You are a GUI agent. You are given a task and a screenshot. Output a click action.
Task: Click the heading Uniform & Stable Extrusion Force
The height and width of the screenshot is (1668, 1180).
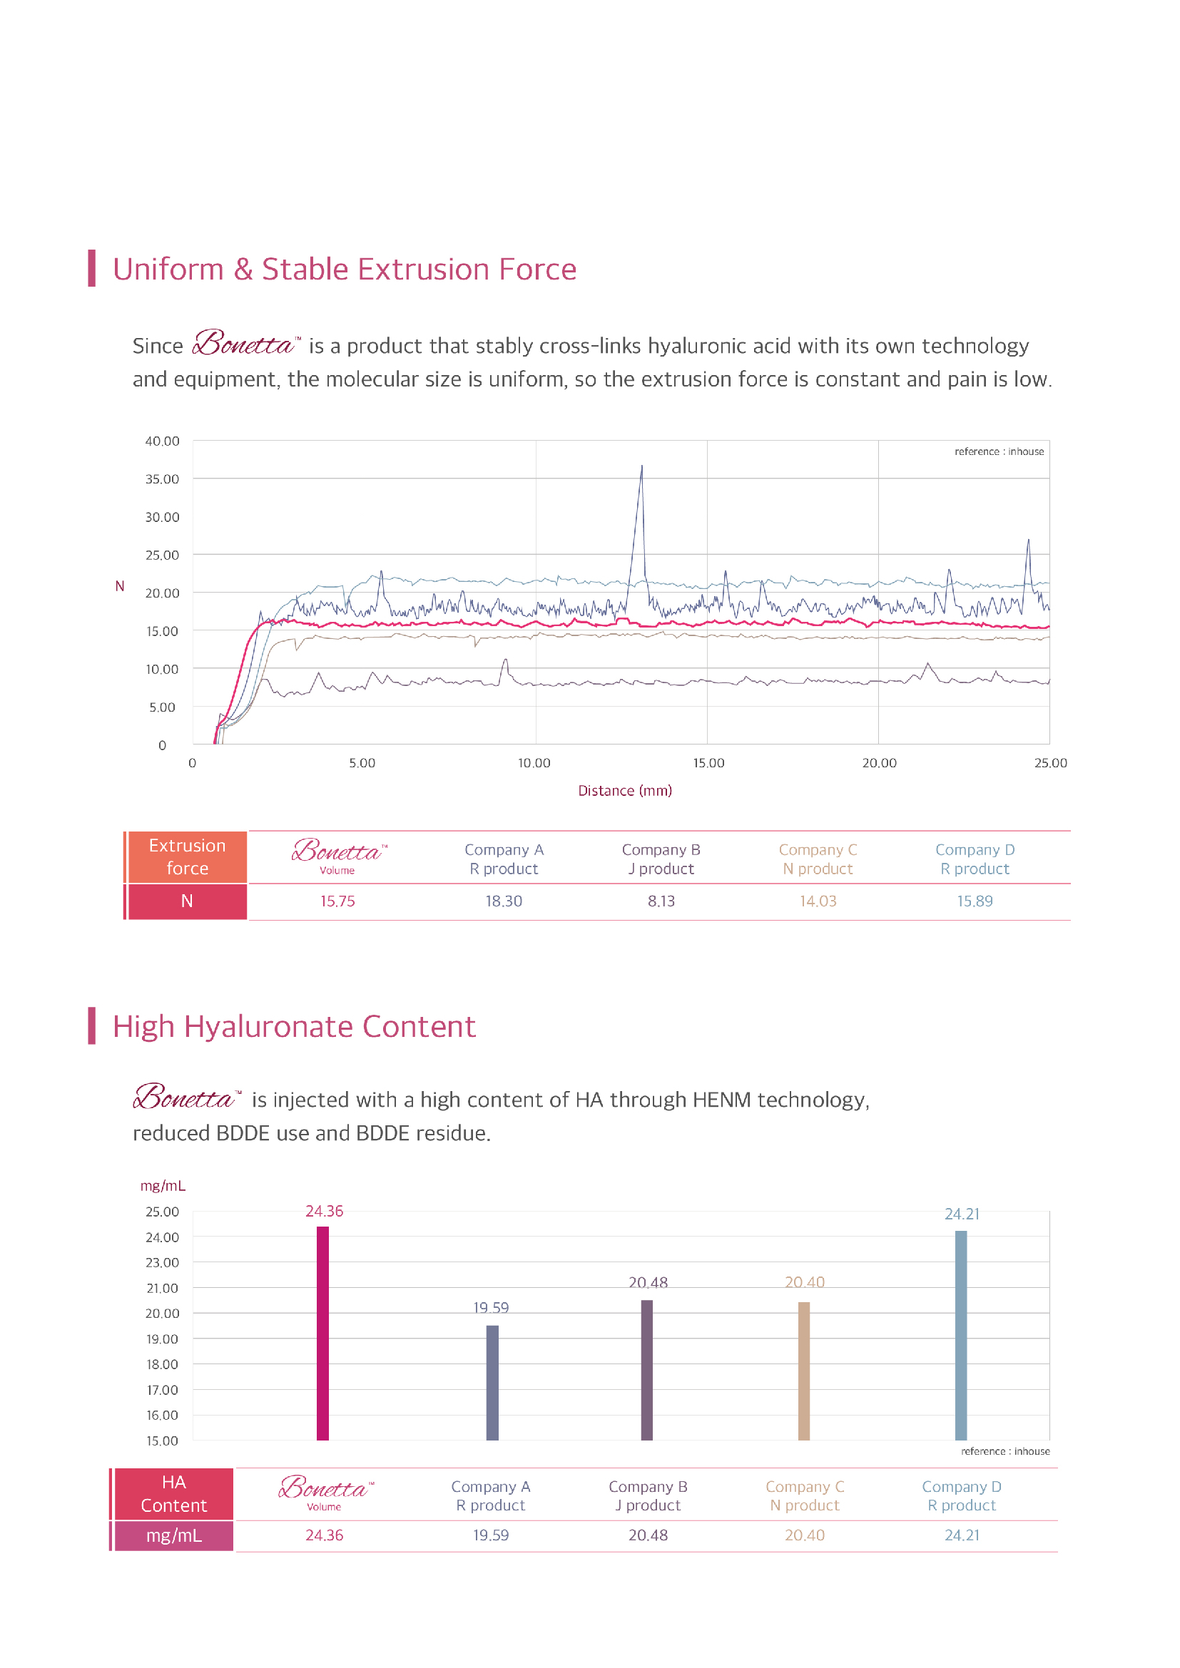(x=345, y=270)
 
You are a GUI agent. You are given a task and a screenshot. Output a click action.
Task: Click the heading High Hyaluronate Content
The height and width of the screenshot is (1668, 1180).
(x=293, y=1026)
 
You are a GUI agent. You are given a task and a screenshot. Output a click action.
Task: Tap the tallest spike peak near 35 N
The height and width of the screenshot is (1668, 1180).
(x=641, y=467)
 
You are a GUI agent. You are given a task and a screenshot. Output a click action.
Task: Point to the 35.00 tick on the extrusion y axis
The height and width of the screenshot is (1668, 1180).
(x=162, y=479)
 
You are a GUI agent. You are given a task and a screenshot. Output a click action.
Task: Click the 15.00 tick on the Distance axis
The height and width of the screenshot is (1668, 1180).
(x=708, y=763)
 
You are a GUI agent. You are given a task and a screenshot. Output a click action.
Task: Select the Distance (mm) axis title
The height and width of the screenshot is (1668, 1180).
(x=625, y=790)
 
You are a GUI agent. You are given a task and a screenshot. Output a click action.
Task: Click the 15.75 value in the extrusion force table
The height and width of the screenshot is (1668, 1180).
(x=338, y=901)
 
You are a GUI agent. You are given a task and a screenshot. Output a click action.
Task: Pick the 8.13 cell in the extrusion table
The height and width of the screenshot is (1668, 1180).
(x=661, y=901)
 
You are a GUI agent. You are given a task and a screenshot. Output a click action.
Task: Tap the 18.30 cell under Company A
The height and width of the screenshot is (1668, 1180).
(x=504, y=901)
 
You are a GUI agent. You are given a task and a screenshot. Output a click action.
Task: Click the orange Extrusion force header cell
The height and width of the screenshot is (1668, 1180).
(x=187, y=857)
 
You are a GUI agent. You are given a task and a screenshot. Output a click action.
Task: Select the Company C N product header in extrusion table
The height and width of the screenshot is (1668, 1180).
(x=818, y=859)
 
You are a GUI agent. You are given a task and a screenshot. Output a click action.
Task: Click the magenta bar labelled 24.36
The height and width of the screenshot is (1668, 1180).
(x=322, y=1333)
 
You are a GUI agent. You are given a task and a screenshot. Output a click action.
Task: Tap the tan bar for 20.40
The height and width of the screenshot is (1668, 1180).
(x=803, y=1371)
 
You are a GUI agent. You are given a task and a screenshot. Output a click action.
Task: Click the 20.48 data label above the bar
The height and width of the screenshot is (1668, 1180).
(x=648, y=1283)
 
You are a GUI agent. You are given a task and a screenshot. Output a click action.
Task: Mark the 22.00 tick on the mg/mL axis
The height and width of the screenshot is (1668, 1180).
(x=162, y=1288)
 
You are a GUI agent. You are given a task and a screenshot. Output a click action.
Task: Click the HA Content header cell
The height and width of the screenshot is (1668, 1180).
(x=173, y=1494)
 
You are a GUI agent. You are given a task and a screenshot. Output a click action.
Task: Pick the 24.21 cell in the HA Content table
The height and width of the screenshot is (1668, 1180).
(x=962, y=1535)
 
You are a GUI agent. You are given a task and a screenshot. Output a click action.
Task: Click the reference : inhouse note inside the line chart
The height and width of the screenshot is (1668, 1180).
(x=999, y=451)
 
